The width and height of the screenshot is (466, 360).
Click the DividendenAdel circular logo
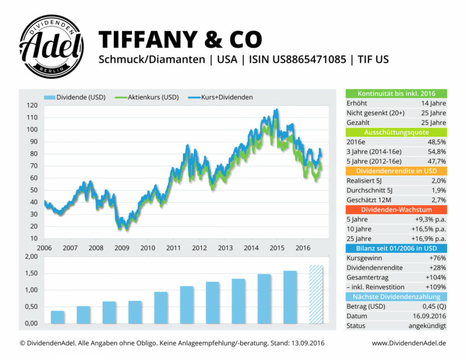51,46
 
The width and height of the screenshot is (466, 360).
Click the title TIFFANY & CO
180,40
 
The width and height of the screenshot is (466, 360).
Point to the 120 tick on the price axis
31,105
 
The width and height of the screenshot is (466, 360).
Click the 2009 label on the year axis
122,248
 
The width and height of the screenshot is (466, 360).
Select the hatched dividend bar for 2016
316,294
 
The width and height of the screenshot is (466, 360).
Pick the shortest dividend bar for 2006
57,317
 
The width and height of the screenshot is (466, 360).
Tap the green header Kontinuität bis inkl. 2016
396,94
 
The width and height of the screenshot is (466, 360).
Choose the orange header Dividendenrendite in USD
396,171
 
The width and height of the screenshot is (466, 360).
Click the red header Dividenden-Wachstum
396,209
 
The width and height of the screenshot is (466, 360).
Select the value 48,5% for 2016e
436,142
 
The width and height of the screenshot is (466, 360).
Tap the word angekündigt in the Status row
427,325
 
